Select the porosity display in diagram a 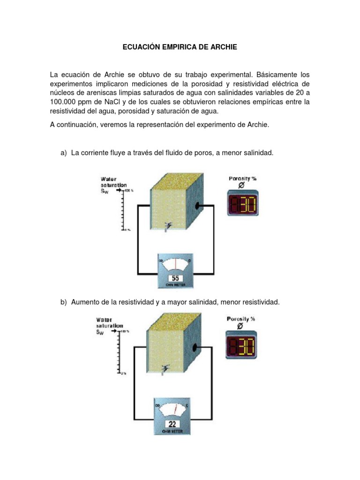coord(242,202)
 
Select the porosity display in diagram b coord(241,347)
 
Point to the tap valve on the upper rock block coord(167,227)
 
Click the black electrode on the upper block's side coord(198,206)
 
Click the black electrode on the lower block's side coord(195,347)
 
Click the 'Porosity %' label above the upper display coord(242,179)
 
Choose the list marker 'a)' coord(64,153)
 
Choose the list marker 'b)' coord(64,302)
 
